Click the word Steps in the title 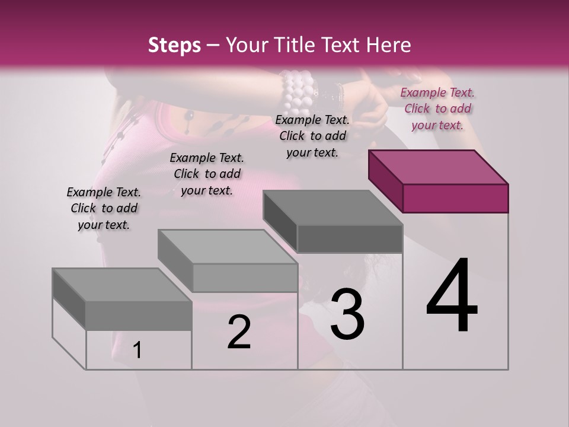pos(174,45)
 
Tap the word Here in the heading pos(388,45)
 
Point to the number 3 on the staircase pos(347,314)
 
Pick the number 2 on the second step pos(239,332)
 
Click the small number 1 pos(138,350)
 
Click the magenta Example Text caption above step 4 pos(437,109)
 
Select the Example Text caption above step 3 pos(312,136)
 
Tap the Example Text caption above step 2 pos(207,174)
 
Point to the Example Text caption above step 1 pos(104,208)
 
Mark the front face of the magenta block pos(455,198)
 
